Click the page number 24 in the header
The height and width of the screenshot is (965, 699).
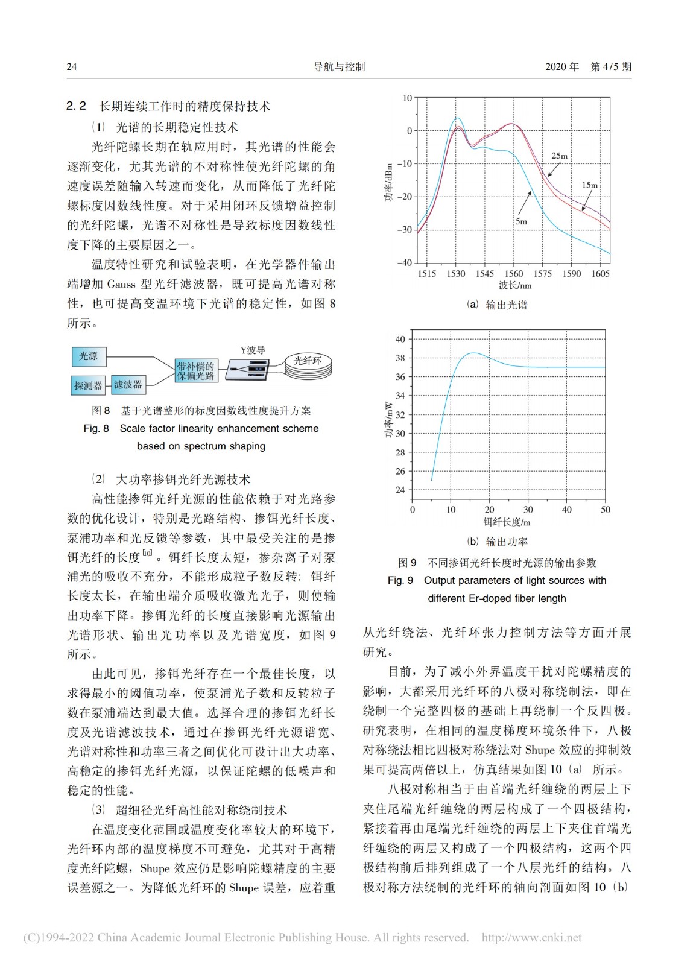[x=72, y=66]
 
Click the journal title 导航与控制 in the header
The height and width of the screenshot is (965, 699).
[x=340, y=66]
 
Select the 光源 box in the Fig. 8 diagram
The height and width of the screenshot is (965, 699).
[x=89, y=356]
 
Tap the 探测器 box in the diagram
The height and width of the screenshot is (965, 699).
[x=88, y=385]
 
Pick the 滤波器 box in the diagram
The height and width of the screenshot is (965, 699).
[x=128, y=384]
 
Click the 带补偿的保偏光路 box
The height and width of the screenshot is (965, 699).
[x=195, y=371]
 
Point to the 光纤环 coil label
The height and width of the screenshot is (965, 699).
[x=308, y=361]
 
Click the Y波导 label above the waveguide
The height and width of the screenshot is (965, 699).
[x=253, y=350]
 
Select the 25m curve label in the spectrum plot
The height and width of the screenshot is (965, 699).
[x=559, y=156]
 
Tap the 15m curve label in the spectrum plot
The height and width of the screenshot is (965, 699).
[x=589, y=185]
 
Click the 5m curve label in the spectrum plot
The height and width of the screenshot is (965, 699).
[x=521, y=221]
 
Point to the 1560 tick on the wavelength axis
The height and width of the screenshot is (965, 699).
[x=513, y=274]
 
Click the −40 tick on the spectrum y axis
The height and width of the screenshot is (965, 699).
[x=404, y=262]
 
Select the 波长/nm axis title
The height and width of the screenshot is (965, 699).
[x=515, y=286]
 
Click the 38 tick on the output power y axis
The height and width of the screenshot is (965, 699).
[x=400, y=358]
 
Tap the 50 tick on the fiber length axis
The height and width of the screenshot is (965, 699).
[x=605, y=510]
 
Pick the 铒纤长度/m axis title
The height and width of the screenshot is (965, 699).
[x=507, y=522]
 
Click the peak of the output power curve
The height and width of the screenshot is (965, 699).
[x=474, y=353]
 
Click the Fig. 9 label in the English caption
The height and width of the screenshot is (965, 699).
[x=400, y=580]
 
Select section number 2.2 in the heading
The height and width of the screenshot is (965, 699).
[x=77, y=106]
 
